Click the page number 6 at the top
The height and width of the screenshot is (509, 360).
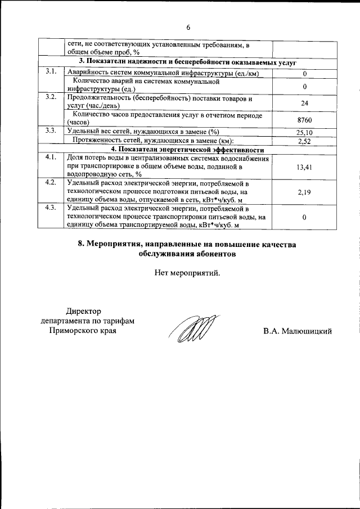[x=188, y=27]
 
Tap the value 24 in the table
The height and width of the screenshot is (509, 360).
[x=304, y=103]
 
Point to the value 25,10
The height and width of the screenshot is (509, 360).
[x=304, y=132]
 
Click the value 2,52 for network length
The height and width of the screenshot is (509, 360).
[x=304, y=141]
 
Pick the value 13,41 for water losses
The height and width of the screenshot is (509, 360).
[x=304, y=167]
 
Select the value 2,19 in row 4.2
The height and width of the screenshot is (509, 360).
[x=304, y=192]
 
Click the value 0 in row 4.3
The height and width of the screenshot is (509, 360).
[x=304, y=217]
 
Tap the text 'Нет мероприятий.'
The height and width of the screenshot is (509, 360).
[x=188, y=273]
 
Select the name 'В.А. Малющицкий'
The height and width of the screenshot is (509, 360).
[x=298, y=331]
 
